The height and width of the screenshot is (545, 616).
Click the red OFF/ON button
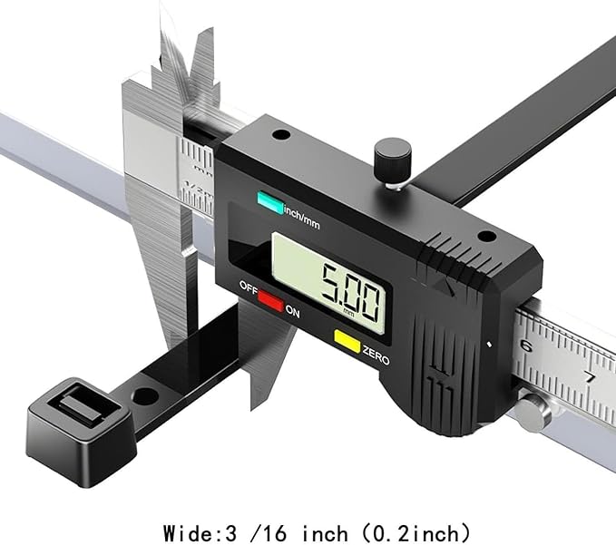coord(270,301)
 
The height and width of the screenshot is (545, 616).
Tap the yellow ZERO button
coord(347,341)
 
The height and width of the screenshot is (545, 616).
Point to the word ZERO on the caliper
coord(376,355)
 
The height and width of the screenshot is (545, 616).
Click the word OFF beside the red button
coord(249,288)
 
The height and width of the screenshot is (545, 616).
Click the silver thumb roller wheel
coord(531,412)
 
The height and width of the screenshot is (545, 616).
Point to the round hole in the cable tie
coord(146,395)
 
